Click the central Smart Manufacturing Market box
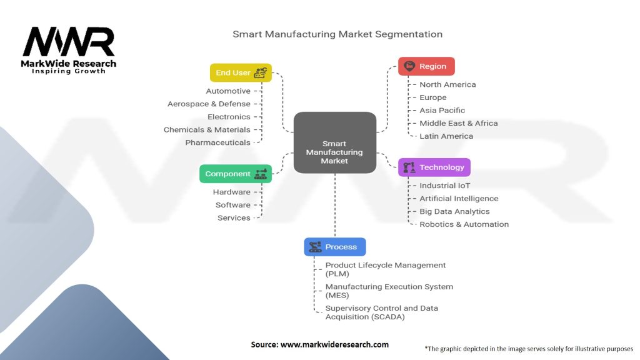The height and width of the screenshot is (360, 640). point(334,143)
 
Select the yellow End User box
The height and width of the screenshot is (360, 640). point(241,72)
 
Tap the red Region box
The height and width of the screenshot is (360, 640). point(426,66)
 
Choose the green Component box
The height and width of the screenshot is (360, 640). point(236,174)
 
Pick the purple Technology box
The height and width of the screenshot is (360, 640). point(434,167)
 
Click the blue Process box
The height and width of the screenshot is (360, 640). point(335,247)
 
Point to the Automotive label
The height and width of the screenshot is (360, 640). point(228,91)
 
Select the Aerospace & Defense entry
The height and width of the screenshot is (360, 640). point(209,104)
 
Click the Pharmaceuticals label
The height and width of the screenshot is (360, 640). point(217,142)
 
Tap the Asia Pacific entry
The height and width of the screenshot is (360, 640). point(442,111)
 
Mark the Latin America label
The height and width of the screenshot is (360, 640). point(446,136)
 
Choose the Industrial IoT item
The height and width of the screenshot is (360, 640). point(444,186)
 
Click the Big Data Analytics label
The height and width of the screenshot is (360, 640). point(454,211)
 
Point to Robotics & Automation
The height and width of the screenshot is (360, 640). point(464,224)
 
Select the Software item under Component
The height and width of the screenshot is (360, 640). point(232,205)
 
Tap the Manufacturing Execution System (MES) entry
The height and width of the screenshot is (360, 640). point(389,291)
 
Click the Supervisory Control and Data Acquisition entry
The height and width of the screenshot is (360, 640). point(381,312)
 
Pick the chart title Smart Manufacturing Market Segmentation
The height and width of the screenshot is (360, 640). point(337,34)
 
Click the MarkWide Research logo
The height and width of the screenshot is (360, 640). point(69,50)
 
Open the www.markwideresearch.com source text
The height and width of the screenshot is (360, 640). point(320,344)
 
